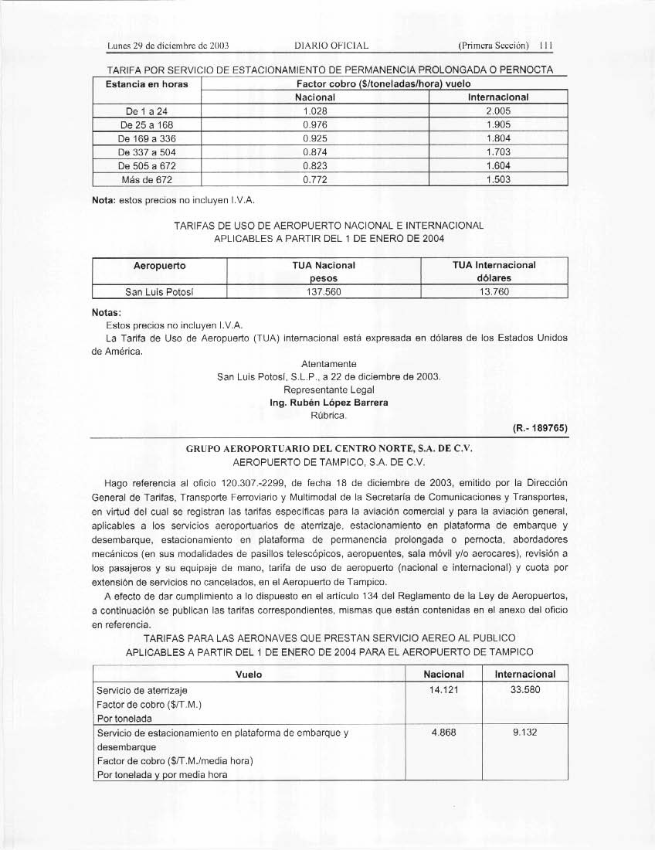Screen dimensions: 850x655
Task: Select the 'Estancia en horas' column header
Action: tap(146, 83)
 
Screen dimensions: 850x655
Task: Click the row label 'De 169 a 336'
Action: tap(146, 138)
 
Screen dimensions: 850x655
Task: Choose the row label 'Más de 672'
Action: tap(146, 180)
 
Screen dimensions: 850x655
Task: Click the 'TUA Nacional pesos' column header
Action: tap(324, 270)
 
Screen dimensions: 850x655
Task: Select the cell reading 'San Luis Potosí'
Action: tap(159, 292)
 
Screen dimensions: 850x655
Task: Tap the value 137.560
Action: tap(324, 292)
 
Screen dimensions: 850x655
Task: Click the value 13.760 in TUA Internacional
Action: tap(494, 292)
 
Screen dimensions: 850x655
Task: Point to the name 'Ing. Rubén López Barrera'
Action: tap(328, 403)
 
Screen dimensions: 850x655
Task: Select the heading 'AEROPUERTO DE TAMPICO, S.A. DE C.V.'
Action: tap(328, 461)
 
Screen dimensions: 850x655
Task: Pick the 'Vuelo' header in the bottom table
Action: tap(249, 675)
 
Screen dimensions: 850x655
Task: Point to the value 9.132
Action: tap(524, 733)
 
